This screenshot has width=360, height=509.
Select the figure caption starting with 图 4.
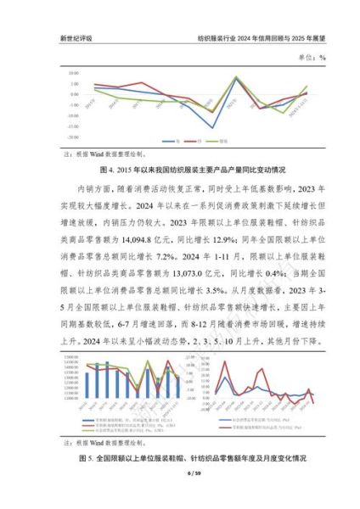[180, 169]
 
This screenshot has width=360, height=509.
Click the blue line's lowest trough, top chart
[213, 127]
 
